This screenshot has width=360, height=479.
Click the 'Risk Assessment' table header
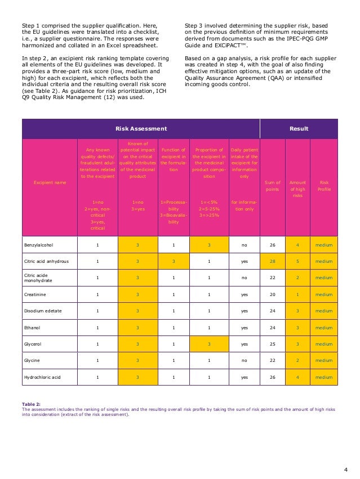click(x=141, y=129)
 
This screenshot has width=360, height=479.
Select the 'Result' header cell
click(x=299, y=129)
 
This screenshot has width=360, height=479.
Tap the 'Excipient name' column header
click(x=48, y=182)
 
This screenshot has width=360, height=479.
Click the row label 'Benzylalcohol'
click(x=39, y=244)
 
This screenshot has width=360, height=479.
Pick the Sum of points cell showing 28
click(x=272, y=261)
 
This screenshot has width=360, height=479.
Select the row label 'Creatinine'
click(x=35, y=294)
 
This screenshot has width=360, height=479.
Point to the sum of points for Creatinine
click(x=272, y=294)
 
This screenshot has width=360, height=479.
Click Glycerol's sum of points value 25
click(x=272, y=344)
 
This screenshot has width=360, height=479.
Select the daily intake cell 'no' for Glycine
click(x=244, y=360)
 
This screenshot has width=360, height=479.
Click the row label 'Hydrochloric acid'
click(x=43, y=377)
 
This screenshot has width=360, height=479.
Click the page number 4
click(x=345, y=468)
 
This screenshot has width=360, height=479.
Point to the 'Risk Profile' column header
click(x=324, y=186)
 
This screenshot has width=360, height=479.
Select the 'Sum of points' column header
click(x=272, y=186)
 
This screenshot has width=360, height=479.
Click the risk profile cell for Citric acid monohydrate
click(x=324, y=277)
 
